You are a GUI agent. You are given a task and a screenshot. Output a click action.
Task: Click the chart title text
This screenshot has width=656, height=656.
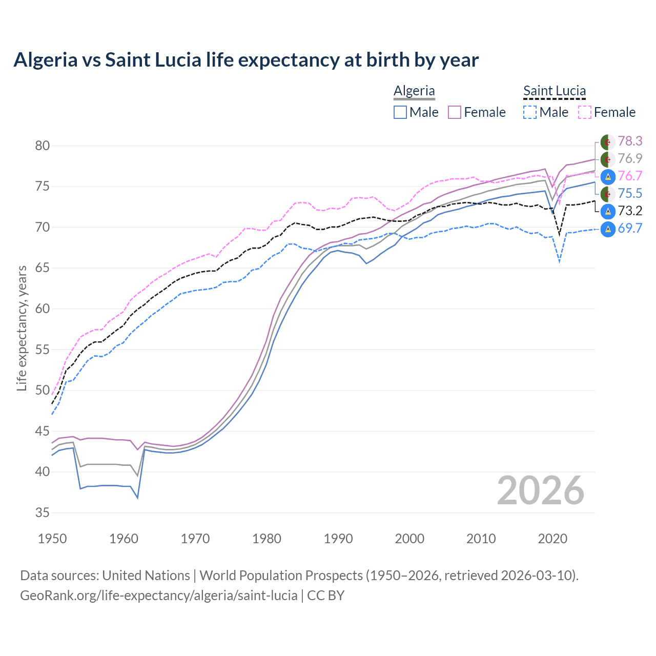coord(246,60)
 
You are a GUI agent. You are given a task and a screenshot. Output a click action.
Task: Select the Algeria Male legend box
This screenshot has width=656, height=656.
coord(400,112)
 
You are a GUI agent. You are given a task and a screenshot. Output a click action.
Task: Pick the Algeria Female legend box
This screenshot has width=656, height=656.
coord(455,112)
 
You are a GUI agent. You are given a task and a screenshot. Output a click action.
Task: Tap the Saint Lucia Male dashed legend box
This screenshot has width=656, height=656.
coord(530,112)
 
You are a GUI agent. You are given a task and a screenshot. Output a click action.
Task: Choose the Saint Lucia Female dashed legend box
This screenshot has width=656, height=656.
coord(585,112)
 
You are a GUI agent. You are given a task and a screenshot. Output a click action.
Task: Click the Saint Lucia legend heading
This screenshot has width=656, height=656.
coord(554,91)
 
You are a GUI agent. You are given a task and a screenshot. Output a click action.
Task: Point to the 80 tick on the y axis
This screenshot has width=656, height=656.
coord(43,146)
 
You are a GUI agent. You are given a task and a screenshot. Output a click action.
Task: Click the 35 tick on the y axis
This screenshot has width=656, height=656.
coord(43,512)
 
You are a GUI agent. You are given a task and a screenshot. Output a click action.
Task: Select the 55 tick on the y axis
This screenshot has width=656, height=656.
coord(43,350)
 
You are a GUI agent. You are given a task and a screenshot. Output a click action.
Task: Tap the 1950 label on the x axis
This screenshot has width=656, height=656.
coord(52,539)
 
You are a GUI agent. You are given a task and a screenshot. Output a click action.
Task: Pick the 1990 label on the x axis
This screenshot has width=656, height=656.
coord(338,539)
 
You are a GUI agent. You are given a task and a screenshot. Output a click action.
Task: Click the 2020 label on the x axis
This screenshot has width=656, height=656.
coord(552,539)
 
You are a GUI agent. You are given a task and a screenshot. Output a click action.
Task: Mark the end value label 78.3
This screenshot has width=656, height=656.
coord(630,141)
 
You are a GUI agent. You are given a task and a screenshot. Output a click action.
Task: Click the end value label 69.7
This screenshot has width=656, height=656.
coord(630,228)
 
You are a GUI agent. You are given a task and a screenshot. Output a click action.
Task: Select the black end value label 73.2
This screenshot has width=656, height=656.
coord(630,211)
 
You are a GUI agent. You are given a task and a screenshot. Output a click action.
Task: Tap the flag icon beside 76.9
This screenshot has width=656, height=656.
coord(608,159)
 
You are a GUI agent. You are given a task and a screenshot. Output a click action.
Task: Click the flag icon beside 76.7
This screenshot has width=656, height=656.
coord(608,176)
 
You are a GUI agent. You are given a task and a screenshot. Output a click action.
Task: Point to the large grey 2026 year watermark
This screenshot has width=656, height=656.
coord(540,490)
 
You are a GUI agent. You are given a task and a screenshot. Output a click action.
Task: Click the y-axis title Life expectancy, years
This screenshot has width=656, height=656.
coord(22,328)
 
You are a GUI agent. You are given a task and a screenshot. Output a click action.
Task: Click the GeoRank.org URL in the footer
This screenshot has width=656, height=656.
coord(159,596)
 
